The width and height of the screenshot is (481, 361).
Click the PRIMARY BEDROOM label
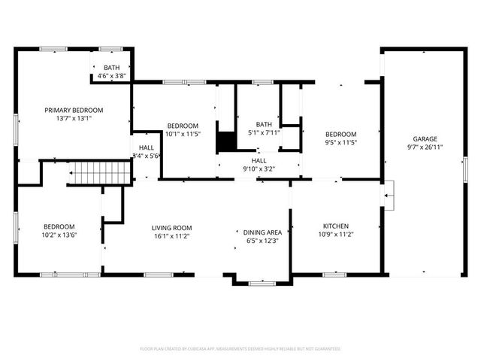[x=74, y=110]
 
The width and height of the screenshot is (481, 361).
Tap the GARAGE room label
[x=425, y=139]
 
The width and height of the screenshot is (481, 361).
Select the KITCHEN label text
[x=335, y=226]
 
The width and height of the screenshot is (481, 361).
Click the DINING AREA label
[x=262, y=232]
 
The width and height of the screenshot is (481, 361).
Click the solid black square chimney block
[x=225, y=141]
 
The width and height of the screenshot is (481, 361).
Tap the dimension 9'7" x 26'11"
[x=425, y=148]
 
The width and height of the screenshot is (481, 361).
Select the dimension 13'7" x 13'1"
[x=74, y=118]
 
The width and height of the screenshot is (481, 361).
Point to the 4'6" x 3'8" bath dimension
[x=112, y=76]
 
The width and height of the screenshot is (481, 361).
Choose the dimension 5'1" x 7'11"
[x=264, y=133]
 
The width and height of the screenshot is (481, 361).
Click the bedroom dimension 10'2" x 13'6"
[x=59, y=235]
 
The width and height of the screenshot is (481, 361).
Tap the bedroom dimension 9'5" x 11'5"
[x=340, y=142]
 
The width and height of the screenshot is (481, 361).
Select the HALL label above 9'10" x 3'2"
[x=259, y=160]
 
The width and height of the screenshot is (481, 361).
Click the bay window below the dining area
[x=262, y=284]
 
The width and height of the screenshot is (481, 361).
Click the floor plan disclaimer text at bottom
[x=240, y=349]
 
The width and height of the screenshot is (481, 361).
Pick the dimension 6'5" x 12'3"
[x=262, y=241]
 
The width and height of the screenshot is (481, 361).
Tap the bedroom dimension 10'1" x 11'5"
[x=183, y=134]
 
